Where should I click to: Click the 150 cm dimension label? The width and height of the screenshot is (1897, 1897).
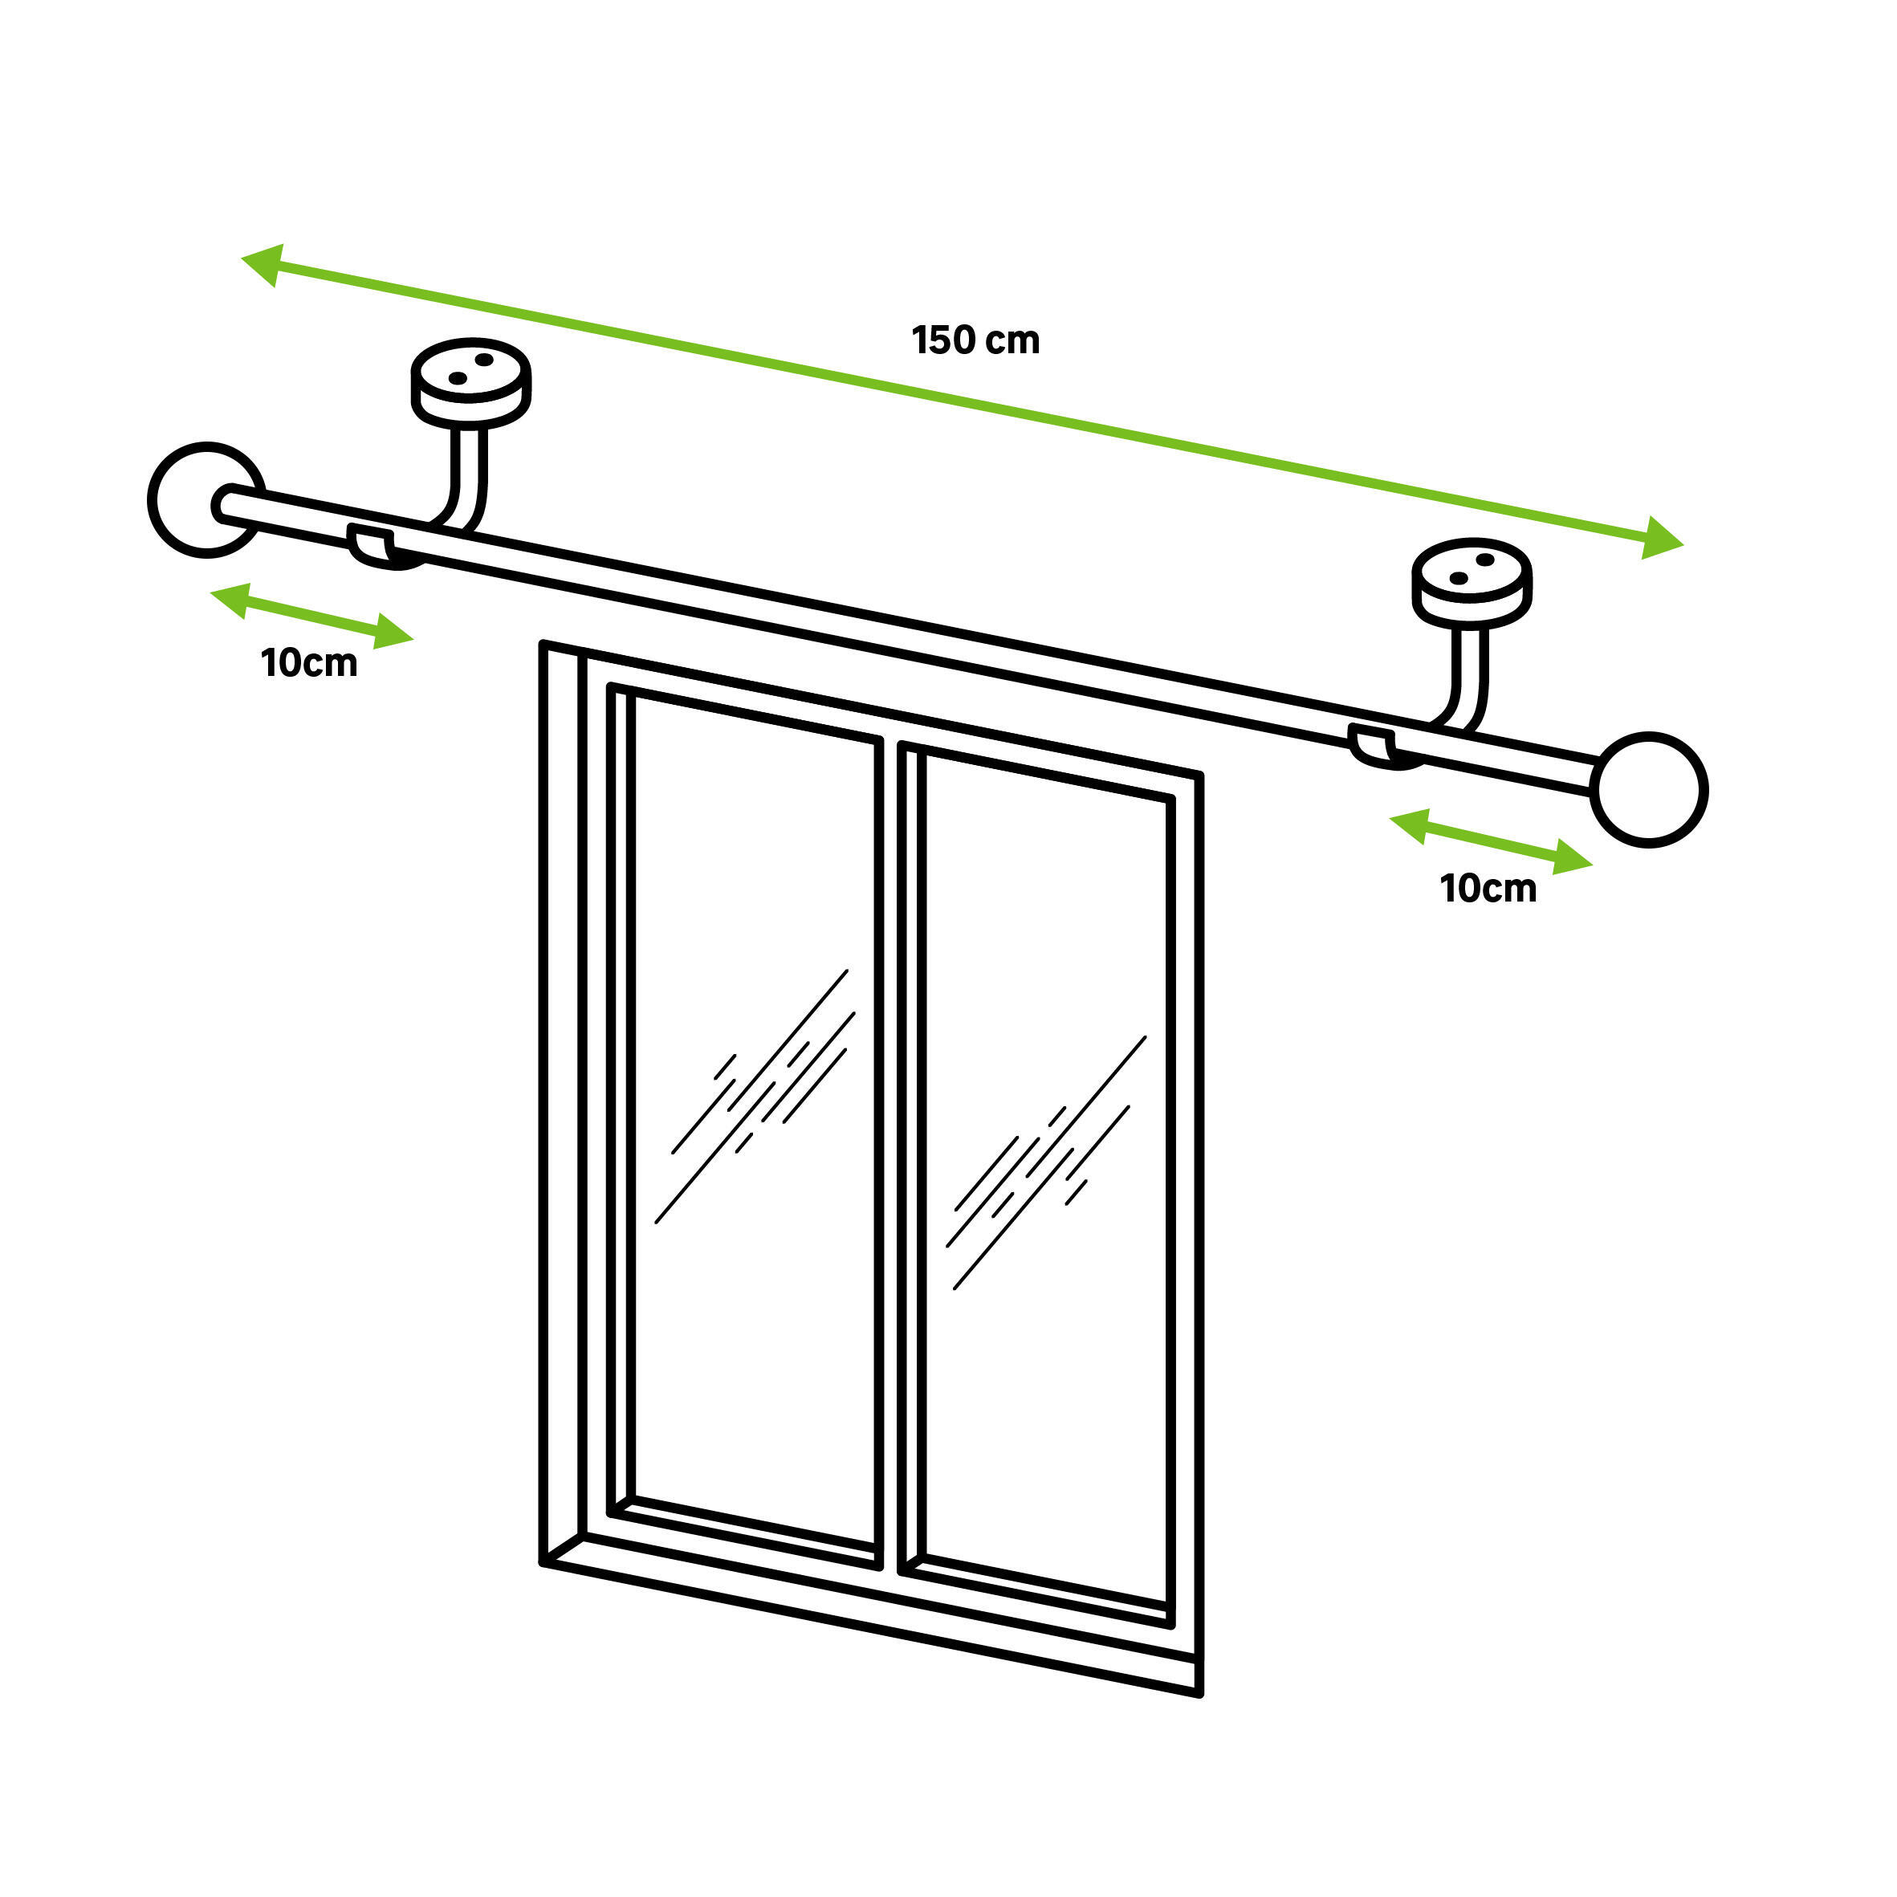[975, 340]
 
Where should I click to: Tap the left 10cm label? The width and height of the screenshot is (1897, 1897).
[309, 664]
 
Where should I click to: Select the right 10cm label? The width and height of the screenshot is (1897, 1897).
[1488, 889]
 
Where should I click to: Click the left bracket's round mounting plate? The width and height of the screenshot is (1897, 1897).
[470, 383]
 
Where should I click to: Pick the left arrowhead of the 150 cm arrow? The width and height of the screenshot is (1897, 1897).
[263, 264]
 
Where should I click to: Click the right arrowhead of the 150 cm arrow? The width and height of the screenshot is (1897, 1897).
[1663, 538]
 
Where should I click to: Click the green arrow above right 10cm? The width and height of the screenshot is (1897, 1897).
[1491, 841]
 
